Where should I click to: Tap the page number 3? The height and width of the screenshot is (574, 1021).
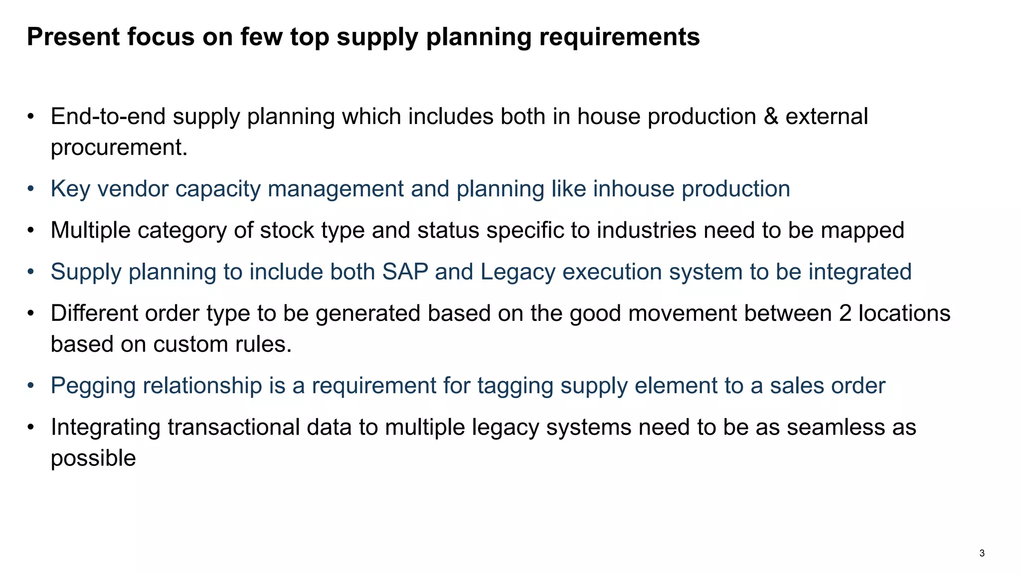[x=982, y=553]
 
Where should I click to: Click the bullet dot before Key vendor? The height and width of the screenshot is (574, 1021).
[x=31, y=189]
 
